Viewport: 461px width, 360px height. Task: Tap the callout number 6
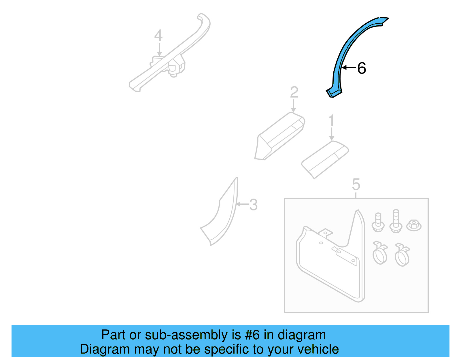tap(362, 68)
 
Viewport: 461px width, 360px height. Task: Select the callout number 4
tap(158, 35)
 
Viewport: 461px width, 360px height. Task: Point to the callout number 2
tap(294, 92)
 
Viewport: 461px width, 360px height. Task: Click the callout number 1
tap(331, 120)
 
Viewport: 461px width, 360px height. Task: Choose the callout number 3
tap(253, 205)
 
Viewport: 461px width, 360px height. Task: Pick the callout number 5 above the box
tap(356, 184)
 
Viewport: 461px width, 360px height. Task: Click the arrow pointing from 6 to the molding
tap(349, 68)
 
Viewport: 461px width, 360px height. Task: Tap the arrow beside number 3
tap(243, 204)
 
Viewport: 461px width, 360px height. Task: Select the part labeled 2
tap(279, 136)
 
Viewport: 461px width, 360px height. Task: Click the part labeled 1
tap(325, 160)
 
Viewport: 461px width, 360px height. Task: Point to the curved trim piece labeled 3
tap(219, 212)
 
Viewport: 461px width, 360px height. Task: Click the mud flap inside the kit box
tap(331, 256)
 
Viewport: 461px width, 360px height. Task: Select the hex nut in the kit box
tap(414, 225)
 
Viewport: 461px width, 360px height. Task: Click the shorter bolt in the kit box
tap(378, 222)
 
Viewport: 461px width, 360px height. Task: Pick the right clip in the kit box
tap(402, 255)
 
